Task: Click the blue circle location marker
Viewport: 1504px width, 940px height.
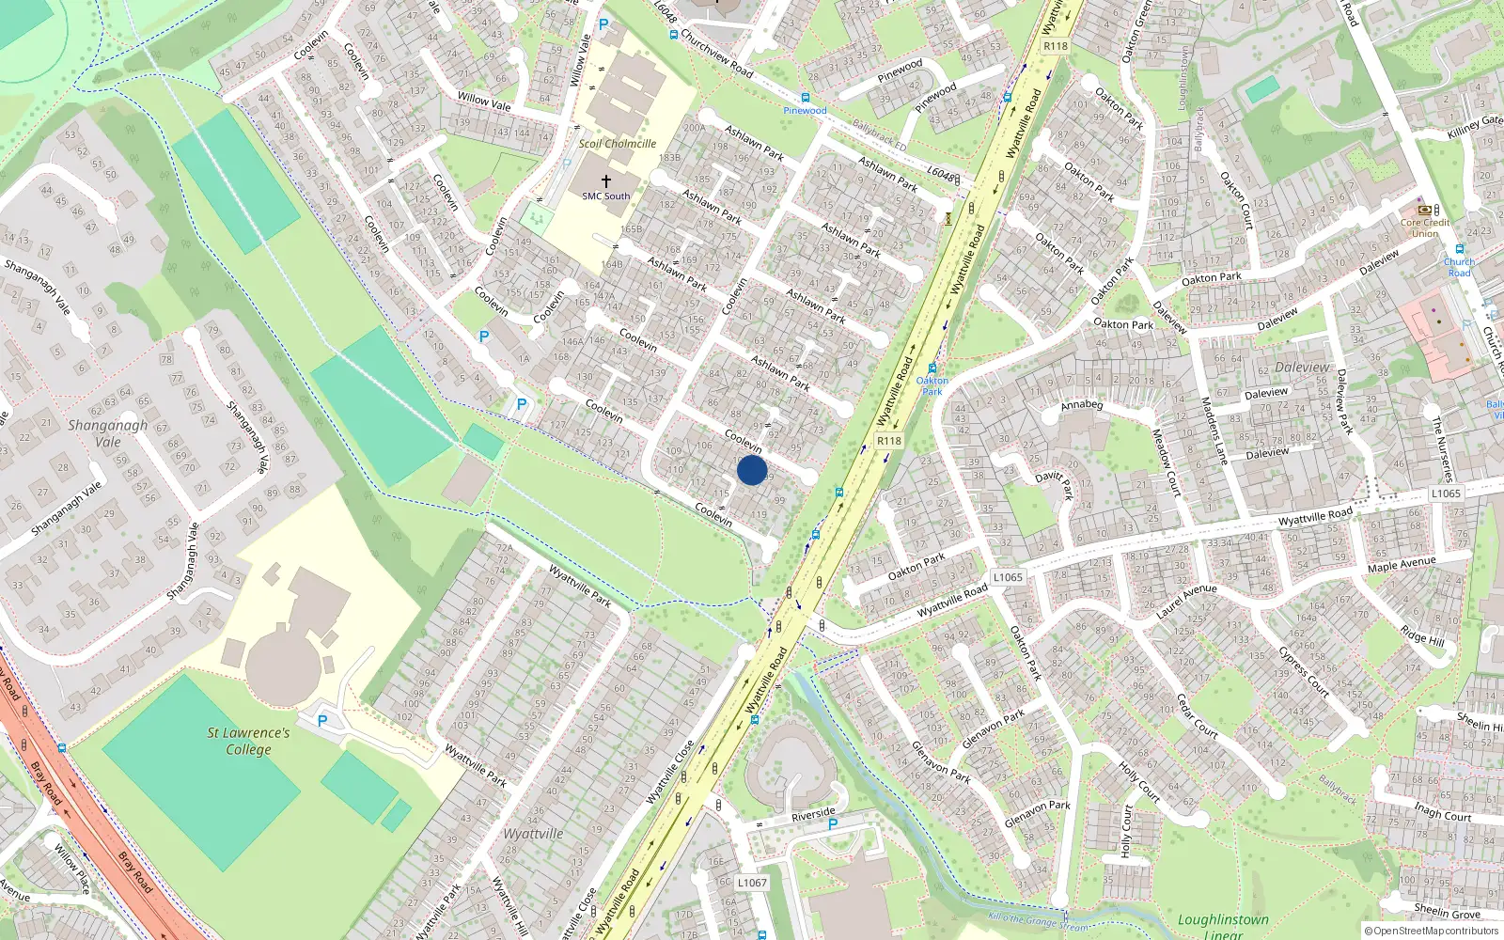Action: point(752,470)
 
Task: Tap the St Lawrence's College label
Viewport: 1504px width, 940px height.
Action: point(248,741)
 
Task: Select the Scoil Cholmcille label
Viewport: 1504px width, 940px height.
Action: point(618,144)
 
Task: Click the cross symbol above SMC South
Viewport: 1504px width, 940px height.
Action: point(606,180)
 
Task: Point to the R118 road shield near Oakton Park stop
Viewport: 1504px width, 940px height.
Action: point(888,440)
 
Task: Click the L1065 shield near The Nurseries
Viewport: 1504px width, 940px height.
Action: point(1446,493)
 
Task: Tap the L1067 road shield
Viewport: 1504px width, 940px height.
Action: point(752,883)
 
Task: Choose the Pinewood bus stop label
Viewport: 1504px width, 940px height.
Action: point(806,110)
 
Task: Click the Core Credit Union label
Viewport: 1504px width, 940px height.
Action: point(1425,227)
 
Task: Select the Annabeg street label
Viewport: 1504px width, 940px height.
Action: point(1081,405)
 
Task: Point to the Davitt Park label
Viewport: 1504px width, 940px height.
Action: point(1055,484)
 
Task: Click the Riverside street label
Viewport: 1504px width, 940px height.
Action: point(813,814)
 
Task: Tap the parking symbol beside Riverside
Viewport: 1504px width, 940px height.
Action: point(833,824)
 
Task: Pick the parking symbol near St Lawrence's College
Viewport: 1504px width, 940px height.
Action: point(322,721)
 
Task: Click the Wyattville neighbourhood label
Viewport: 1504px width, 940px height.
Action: point(533,834)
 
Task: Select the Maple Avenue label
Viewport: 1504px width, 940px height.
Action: point(1402,564)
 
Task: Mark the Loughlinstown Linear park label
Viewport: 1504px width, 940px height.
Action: point(1223,926)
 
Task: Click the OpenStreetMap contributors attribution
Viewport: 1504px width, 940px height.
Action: point(1432,931)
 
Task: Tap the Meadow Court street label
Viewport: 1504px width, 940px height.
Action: point(1167,462)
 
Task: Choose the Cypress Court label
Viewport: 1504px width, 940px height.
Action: point(1303,672)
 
